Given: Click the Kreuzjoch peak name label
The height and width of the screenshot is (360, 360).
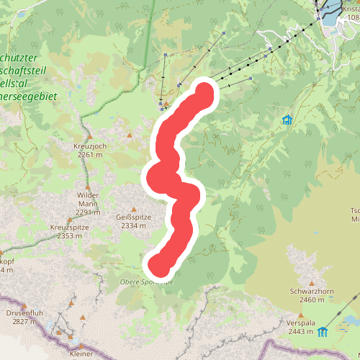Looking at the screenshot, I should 90,145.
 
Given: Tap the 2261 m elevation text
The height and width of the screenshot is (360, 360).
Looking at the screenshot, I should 90,154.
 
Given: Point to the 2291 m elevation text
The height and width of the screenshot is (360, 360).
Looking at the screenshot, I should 87,212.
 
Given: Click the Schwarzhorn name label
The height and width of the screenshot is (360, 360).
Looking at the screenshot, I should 312,292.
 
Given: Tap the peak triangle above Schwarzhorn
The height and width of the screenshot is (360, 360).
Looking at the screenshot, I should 312,283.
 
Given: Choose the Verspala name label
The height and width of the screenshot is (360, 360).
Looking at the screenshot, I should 302,323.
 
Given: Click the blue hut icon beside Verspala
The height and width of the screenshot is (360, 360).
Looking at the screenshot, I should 323,332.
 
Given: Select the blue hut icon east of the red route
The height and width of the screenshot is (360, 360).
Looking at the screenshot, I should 287,120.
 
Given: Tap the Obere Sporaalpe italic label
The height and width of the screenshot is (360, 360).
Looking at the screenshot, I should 148,282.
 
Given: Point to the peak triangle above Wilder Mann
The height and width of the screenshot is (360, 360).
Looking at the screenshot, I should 88,187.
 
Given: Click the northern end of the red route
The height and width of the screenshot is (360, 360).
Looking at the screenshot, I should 204,92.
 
